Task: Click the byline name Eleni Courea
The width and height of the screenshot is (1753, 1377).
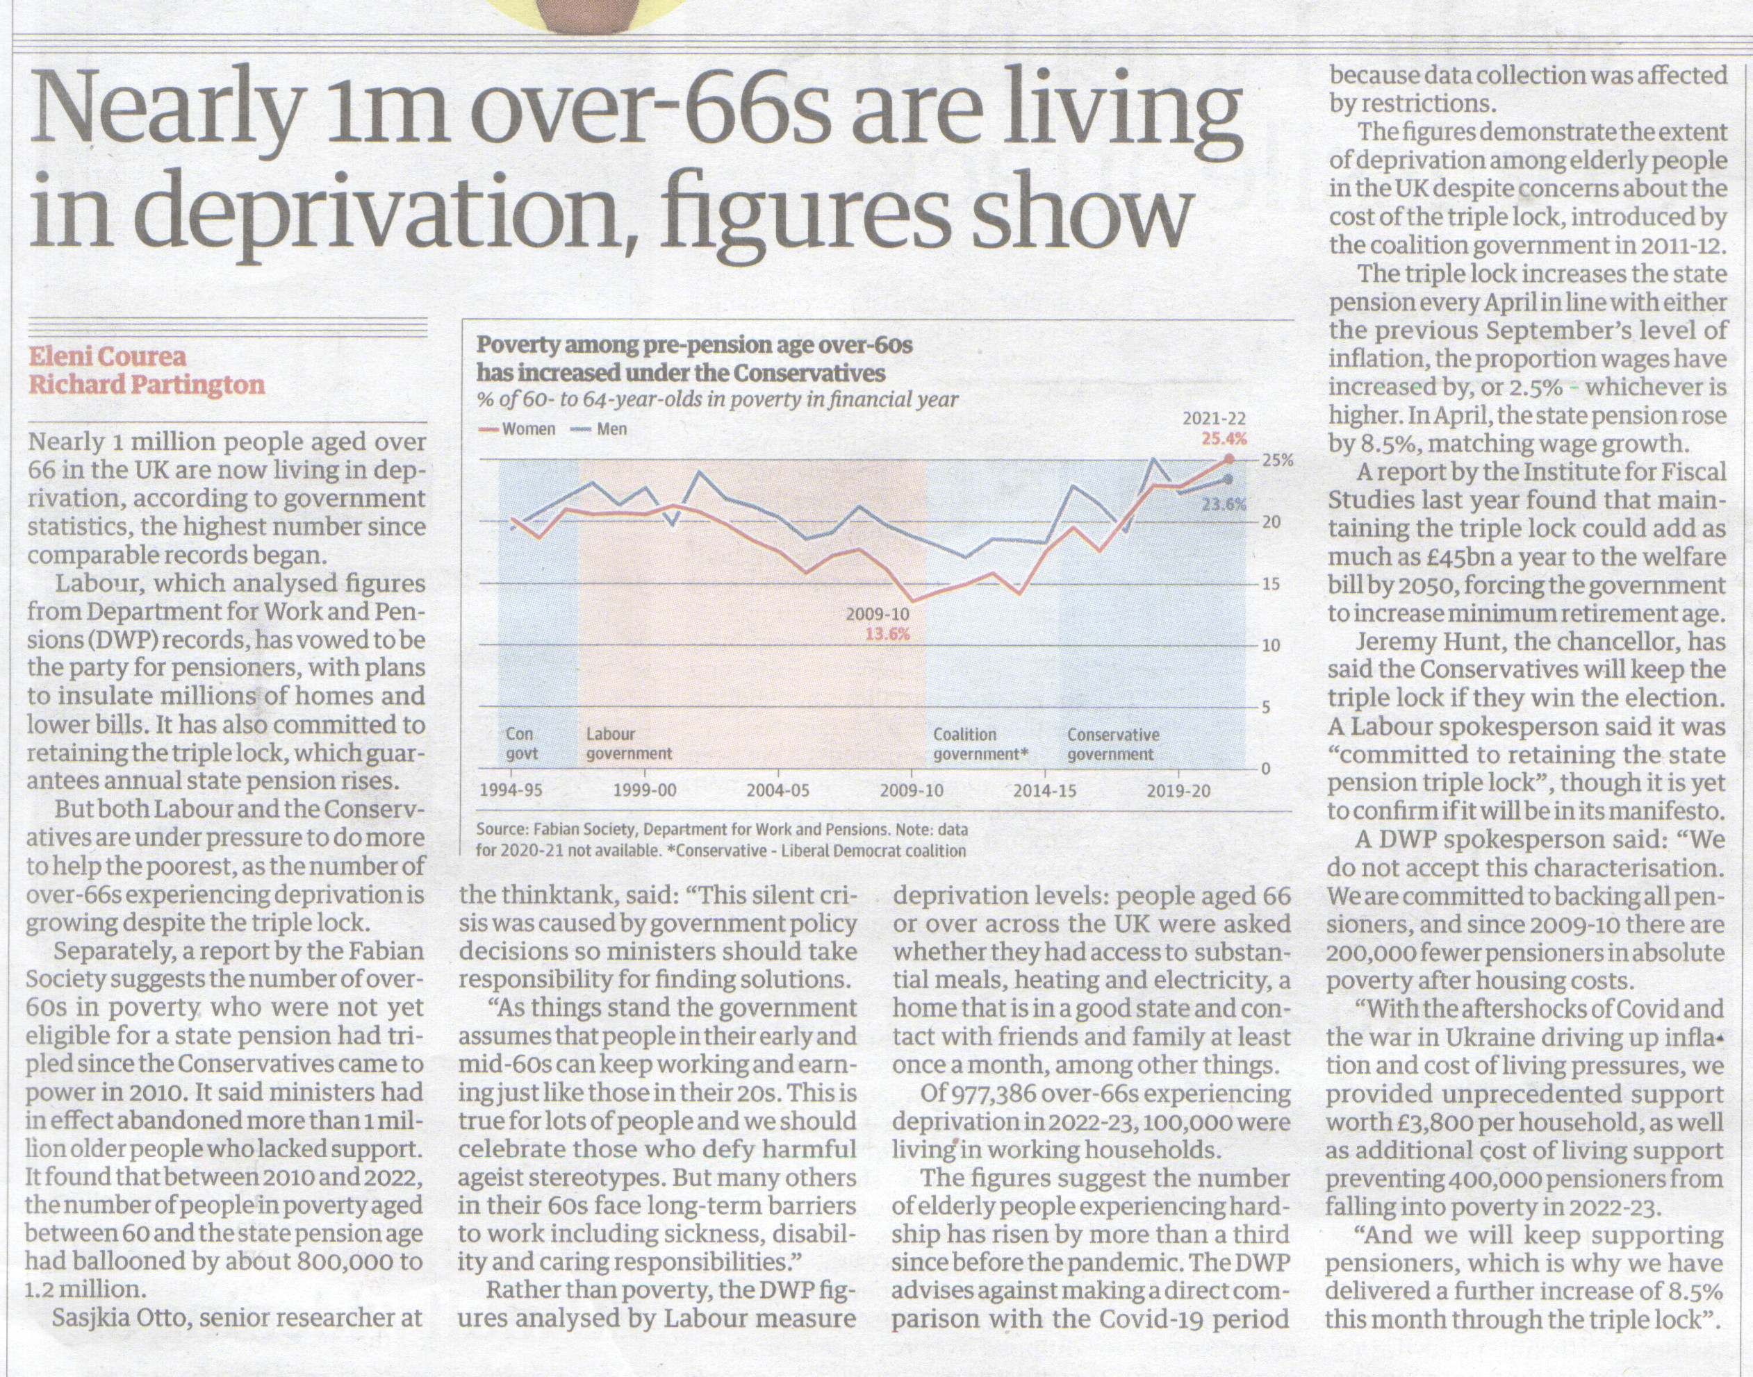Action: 107,356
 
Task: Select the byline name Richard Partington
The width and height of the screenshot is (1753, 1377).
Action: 147,385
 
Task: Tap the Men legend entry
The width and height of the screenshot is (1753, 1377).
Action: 600,429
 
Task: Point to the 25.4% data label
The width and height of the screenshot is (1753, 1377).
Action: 1224,440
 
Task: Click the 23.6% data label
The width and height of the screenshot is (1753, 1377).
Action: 1224,506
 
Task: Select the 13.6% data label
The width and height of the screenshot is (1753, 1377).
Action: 887,634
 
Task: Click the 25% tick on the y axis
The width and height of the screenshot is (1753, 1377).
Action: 1278,461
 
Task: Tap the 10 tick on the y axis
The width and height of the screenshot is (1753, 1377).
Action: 1271,646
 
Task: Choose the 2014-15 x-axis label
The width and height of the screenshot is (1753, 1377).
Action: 1046,790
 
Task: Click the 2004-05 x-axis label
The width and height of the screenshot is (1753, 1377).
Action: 777,790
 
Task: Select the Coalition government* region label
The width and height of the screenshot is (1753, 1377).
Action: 981,744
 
